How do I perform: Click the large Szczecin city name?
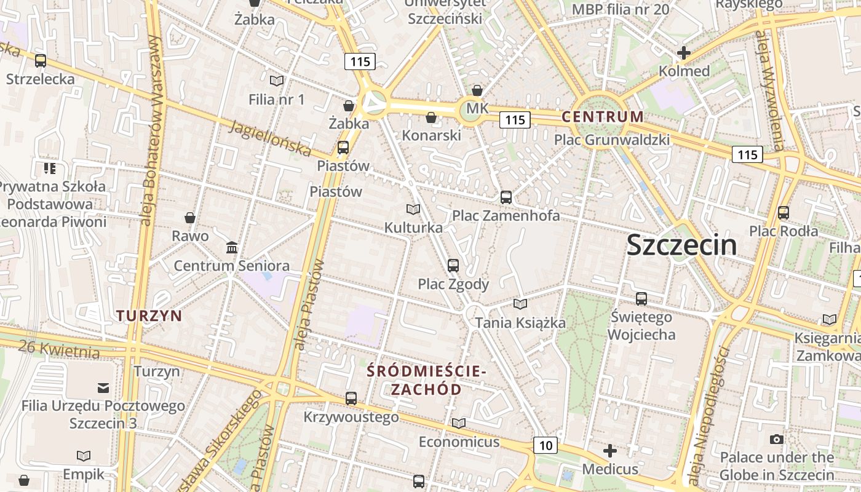coord(681,245)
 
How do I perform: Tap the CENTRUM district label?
coord(603,116)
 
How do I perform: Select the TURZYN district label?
coord(149,315)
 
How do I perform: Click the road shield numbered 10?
coord(546,445)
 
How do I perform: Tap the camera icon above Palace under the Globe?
coord(777,439)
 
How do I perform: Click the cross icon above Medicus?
coord(609,451)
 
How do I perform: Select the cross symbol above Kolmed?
coord(683,53)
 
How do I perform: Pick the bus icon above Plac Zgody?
coord(453,265)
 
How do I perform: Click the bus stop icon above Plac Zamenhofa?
coord(506,197)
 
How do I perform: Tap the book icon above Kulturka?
coord(413,209)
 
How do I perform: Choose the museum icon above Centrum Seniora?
coord(232,247)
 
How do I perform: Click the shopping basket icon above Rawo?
coord(190,218)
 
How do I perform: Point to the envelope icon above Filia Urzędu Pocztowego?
coord(103,387)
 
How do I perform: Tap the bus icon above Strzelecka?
coord(41,61)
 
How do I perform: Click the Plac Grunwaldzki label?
coord(611,140)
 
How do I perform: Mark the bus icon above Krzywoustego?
coord(351,399)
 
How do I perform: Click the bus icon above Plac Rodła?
coord(784,213)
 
